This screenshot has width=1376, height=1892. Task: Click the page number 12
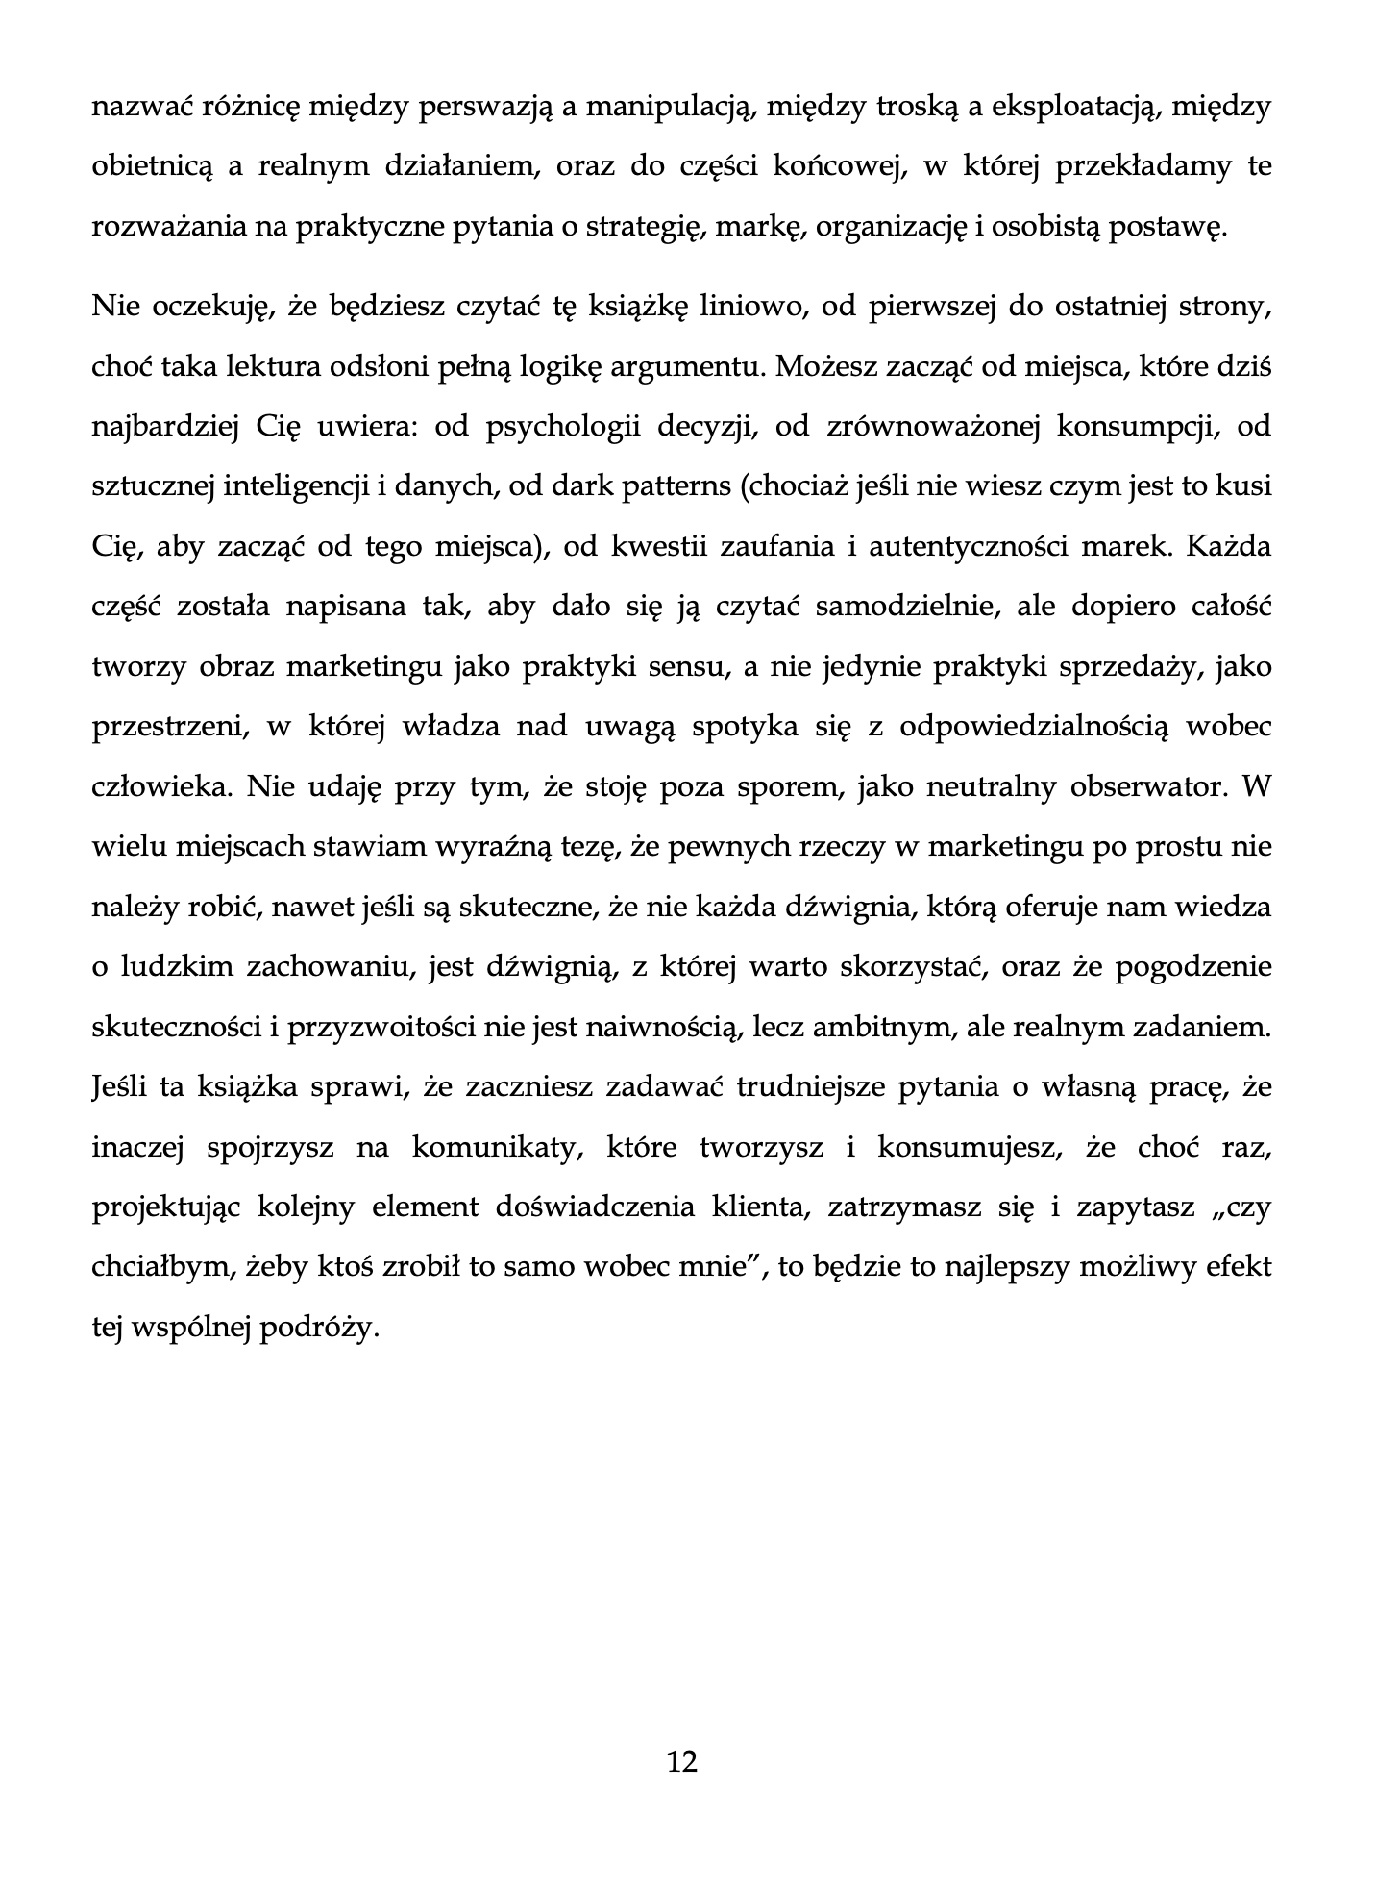[x=681, y=1761]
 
